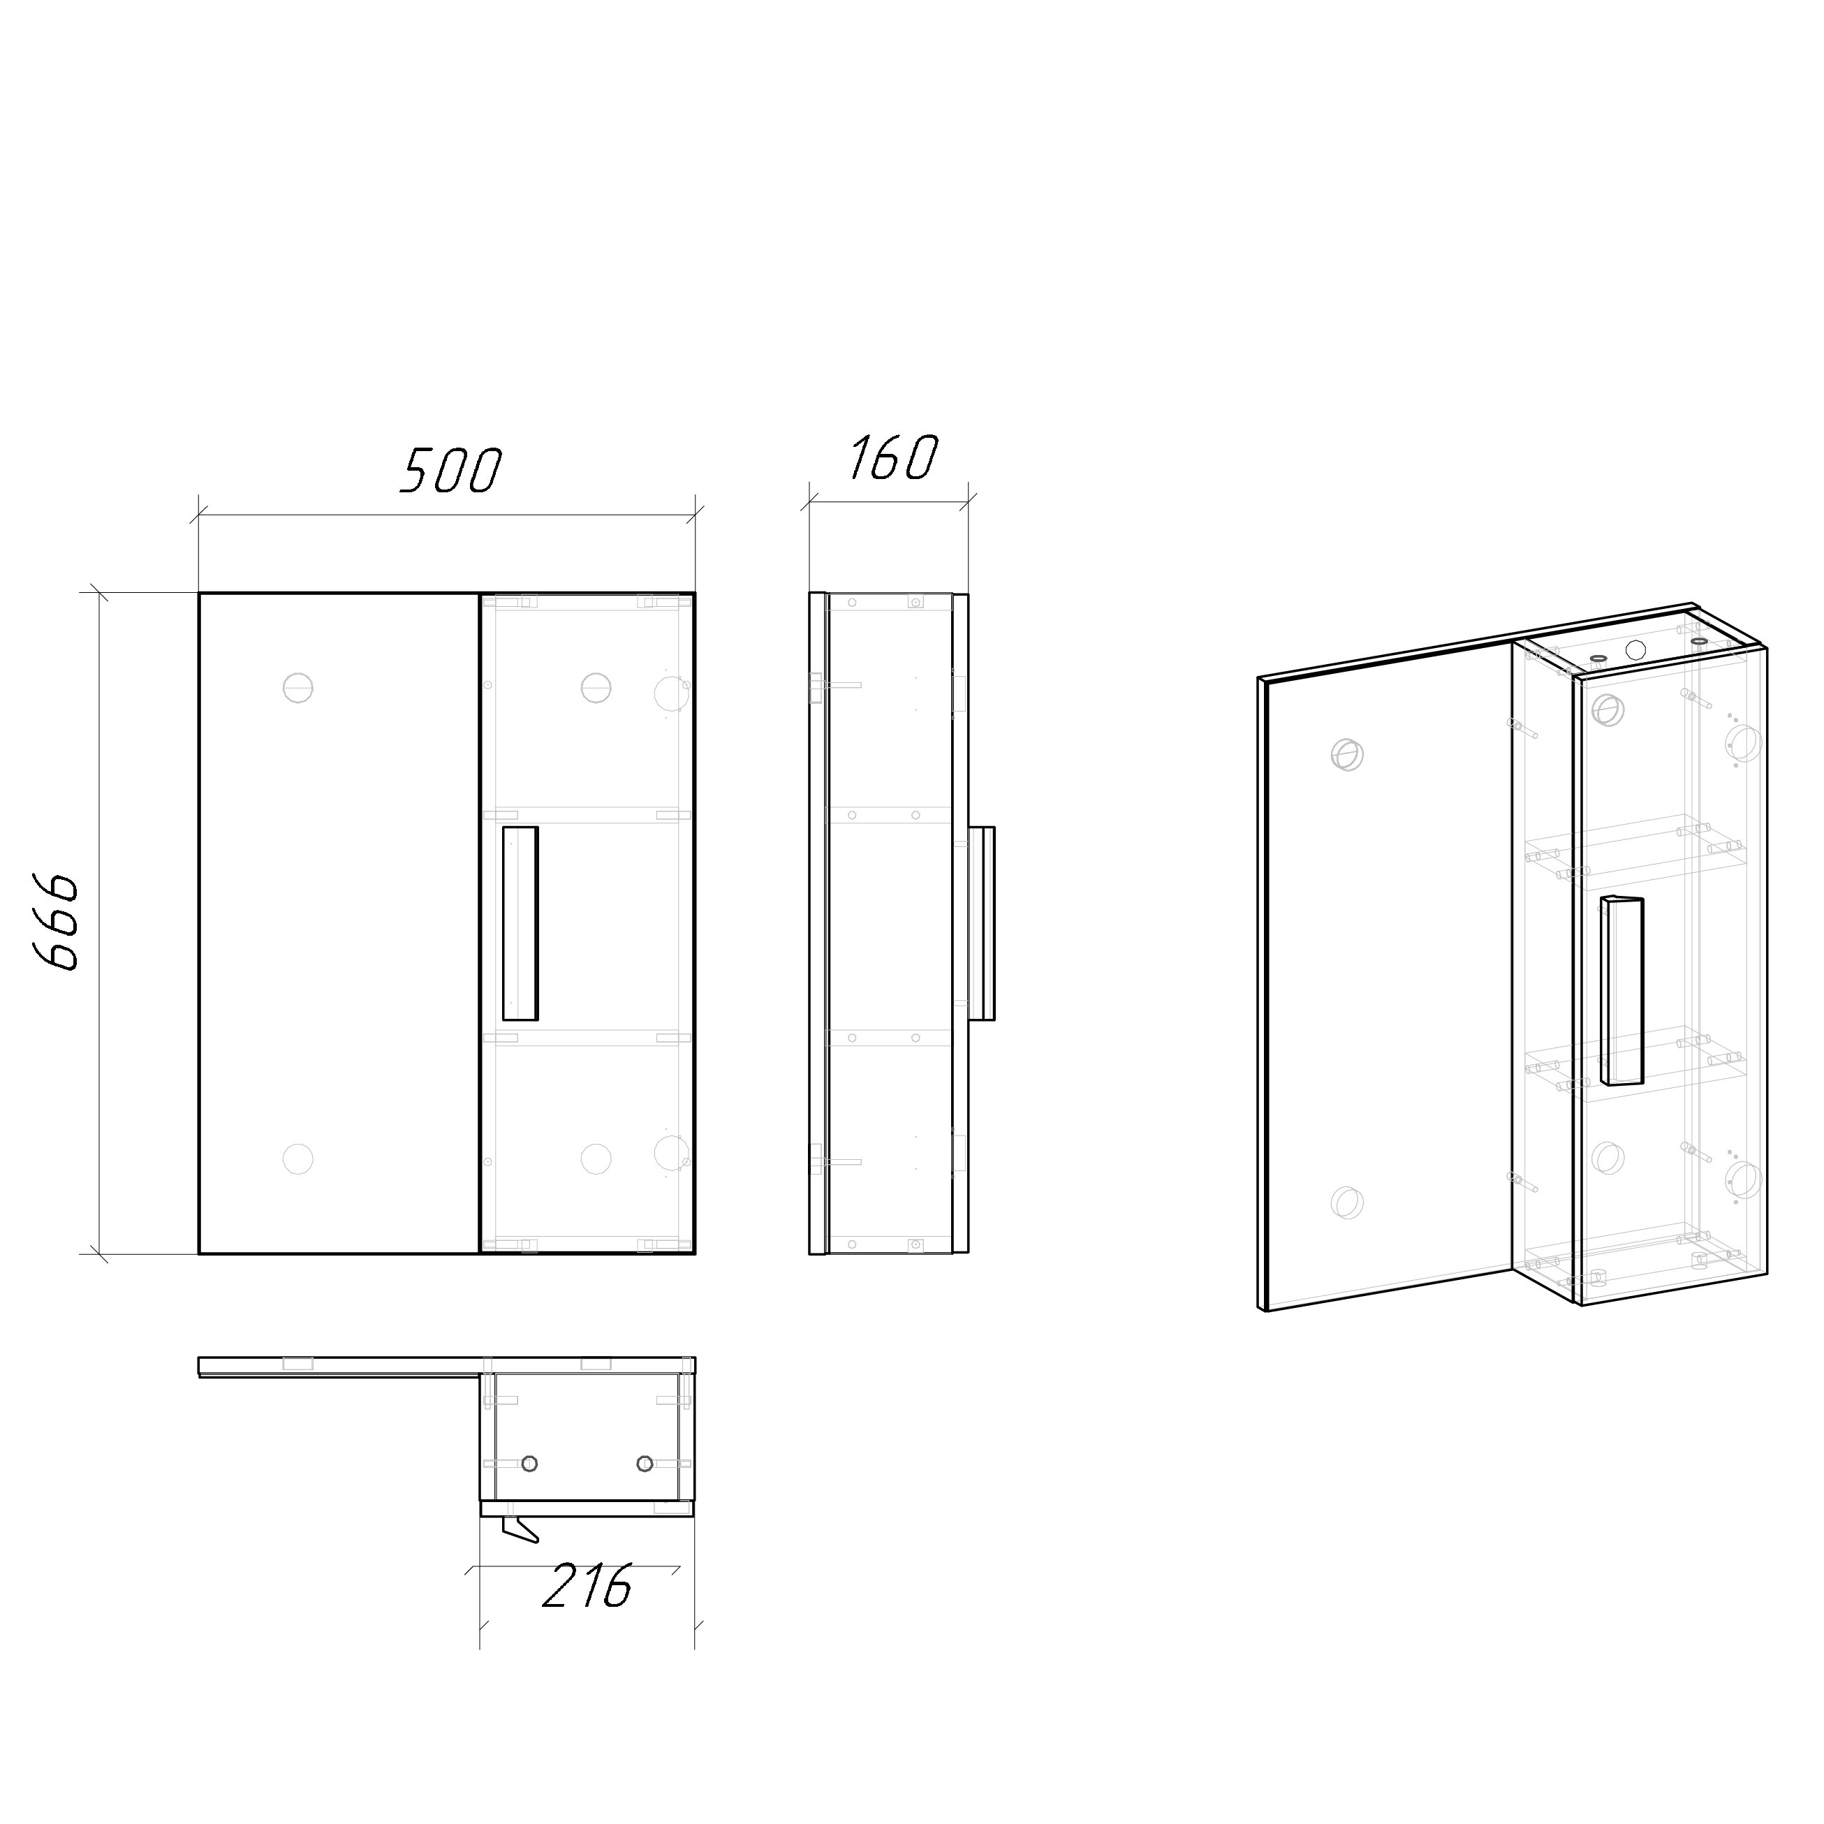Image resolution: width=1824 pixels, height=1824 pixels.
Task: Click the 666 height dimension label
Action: tap(59, 922)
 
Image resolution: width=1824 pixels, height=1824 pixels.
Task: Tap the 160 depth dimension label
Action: tap(892, 458)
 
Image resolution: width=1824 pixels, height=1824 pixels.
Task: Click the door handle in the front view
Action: tap(520, 923)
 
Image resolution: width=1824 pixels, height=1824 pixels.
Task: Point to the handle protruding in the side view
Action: tap(982, 923)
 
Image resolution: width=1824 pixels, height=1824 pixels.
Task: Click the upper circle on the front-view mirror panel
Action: tap(297, 687)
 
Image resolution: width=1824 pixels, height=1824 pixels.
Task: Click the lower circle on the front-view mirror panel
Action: tap(297, 1159)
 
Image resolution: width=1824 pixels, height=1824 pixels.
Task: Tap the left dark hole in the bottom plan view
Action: tap(529, 1464)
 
